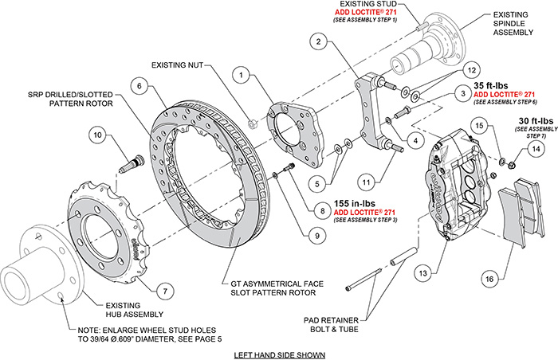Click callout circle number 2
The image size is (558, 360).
(x=318, y=41)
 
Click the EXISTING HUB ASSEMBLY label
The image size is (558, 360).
(x=124, y=308)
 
